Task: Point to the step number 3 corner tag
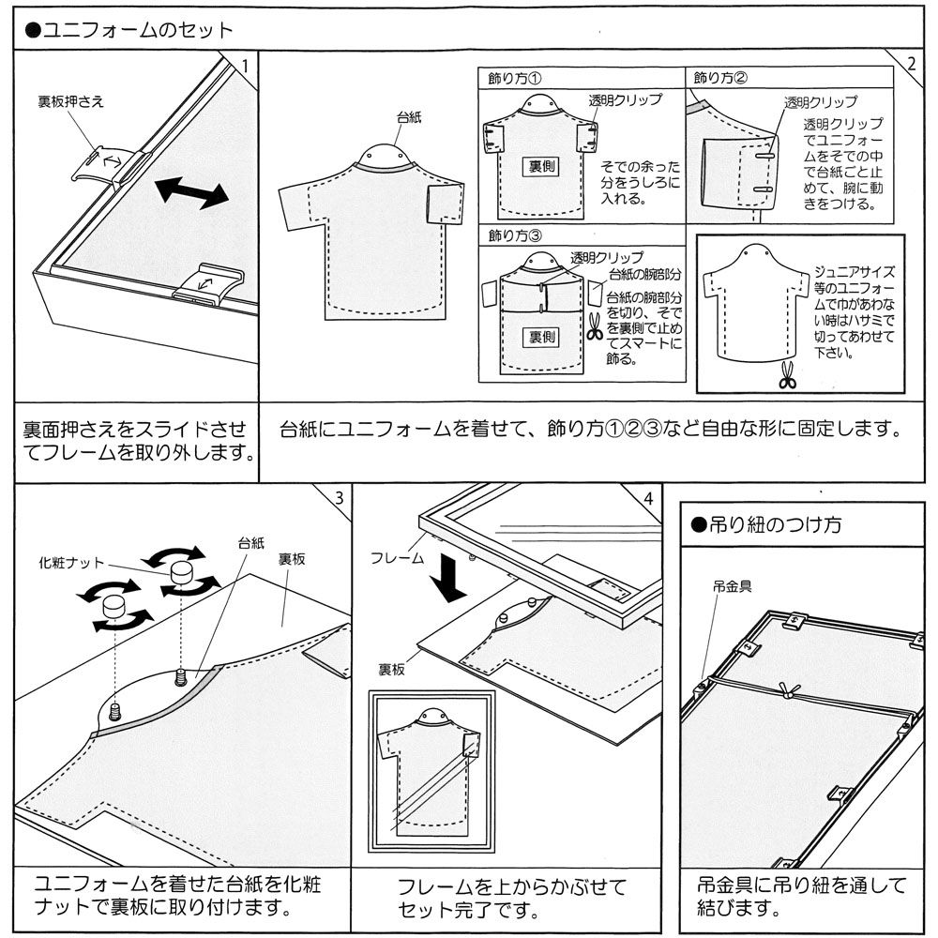point(339,497)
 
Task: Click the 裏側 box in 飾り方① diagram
point(541,166)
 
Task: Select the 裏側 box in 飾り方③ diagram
point(541,335)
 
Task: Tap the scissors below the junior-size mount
point(786,376)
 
